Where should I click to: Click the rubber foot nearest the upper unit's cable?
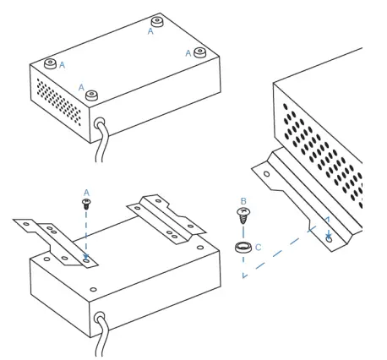pos(92,95)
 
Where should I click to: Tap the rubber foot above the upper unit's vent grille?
pos(49,64)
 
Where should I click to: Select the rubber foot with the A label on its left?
pos(199,52)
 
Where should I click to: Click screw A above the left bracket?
pos(85,203)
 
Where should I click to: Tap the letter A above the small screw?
pos(85,192)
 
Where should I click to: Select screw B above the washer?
pos(243,216)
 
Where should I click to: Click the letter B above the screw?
pos(243,202)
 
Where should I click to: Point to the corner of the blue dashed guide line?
pos(242,279)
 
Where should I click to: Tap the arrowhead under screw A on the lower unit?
pos(85,259)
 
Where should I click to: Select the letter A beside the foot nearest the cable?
pos(82,87)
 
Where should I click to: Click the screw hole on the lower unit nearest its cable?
pos(93,290)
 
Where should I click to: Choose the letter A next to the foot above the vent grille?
pos(62,64)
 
